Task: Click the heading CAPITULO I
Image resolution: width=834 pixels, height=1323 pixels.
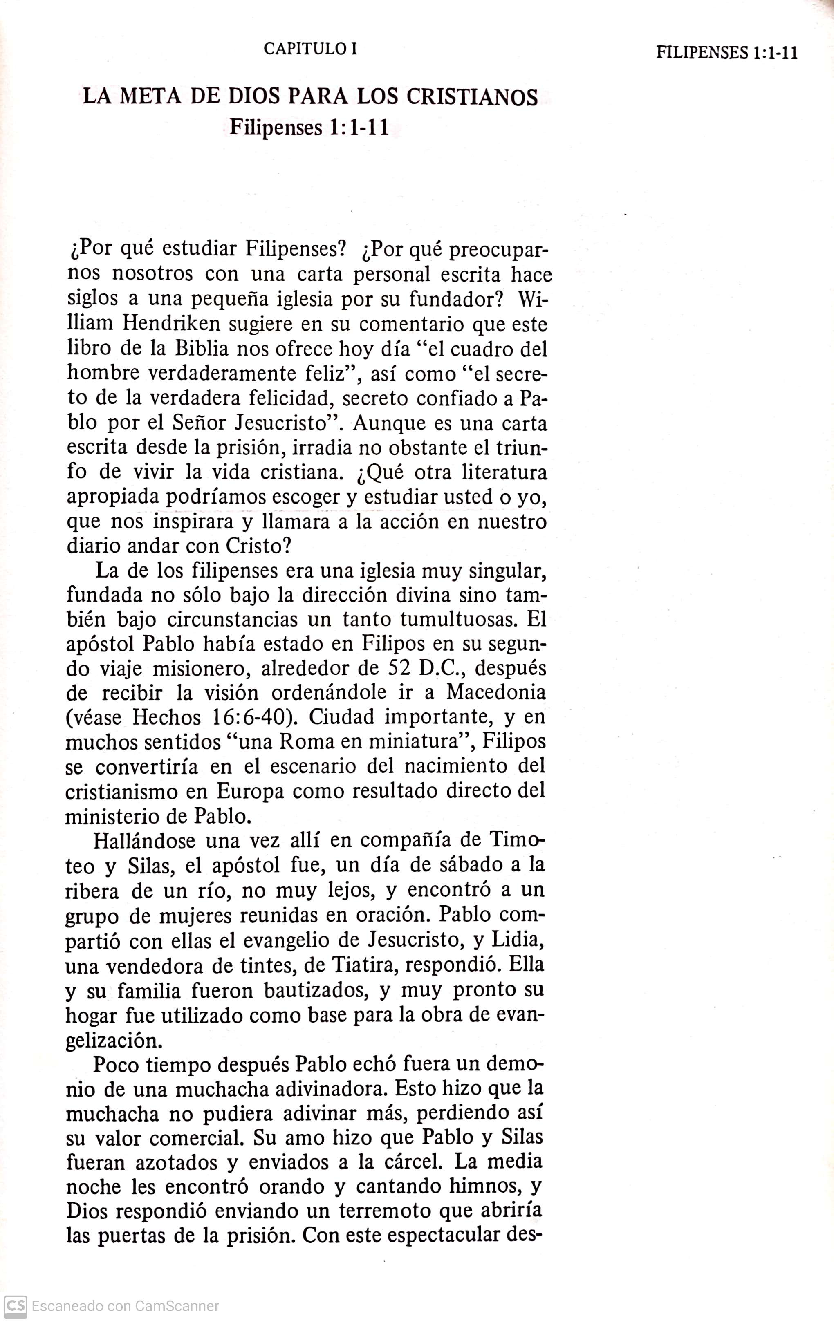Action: tap(310, 49)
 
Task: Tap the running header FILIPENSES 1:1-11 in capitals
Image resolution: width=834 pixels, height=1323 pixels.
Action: tap(726, 53)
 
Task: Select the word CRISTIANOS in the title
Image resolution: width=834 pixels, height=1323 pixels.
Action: tap(472, 97)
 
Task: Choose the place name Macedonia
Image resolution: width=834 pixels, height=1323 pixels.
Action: tap(495, 692)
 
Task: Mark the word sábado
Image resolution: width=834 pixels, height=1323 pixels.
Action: tap(469, 865)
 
